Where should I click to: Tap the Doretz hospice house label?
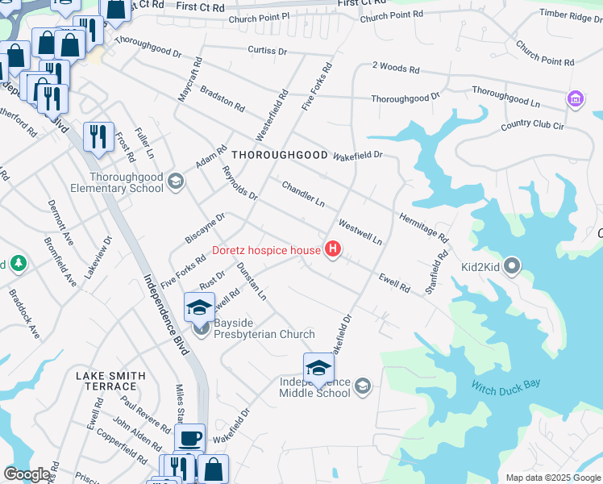click(266, 250)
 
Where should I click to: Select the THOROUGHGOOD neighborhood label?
click(279, 154)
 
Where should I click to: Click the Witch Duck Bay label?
click(505, 386)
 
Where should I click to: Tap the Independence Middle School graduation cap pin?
click(318, 367)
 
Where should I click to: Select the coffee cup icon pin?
click(190, 438)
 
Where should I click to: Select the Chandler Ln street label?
click(302, 194)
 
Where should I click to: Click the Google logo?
click(27, 474)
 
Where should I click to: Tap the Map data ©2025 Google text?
click(552, 478)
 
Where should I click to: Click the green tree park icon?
click(17, 264)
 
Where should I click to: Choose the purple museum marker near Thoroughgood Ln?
click(575, 99)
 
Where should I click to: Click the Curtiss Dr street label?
click(268, 50)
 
